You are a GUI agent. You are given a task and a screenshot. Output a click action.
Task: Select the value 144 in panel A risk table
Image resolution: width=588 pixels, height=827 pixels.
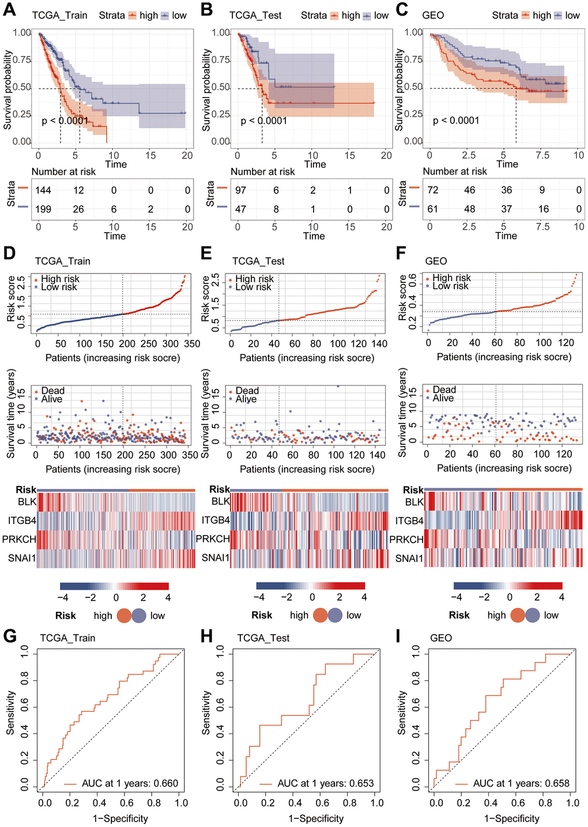pos(43,190)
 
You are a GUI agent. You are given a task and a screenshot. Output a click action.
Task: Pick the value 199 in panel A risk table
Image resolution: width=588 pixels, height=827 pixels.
pos(43,209)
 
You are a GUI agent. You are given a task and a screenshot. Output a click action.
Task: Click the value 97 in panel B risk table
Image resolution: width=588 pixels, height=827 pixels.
pos(240,190)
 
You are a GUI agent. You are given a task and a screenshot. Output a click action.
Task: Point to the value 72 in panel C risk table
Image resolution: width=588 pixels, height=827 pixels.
pos(432,190)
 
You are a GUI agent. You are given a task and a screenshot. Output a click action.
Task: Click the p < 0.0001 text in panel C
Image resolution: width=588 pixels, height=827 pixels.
pos(456,121)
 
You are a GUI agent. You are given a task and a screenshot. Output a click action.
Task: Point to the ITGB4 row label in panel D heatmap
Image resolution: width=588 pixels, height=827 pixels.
pos(22,521)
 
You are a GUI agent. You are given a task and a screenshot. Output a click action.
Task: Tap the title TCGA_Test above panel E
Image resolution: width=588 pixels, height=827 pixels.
pos(258,261)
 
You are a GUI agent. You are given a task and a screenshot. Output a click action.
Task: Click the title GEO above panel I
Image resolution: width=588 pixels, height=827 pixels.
pos(441,638)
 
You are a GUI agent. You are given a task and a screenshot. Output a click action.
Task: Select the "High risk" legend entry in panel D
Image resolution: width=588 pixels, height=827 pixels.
pos(60,279)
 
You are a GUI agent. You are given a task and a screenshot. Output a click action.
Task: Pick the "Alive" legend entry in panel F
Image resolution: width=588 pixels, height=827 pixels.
pos(443,398)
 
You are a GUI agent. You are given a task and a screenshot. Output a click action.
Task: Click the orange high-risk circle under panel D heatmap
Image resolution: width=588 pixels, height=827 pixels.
pos(124,616)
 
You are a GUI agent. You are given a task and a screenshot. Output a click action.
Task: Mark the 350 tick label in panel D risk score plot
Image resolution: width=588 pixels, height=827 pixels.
pos(192,344)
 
